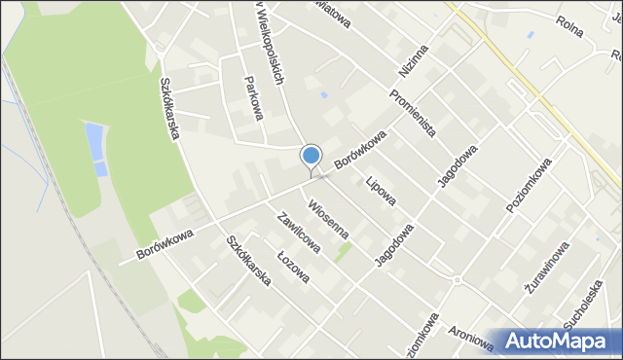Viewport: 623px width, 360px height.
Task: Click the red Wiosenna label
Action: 329,220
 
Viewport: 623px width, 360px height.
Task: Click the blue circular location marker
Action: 311,155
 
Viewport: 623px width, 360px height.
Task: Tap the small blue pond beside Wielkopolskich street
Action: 322,96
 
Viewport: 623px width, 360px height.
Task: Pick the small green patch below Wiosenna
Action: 343,252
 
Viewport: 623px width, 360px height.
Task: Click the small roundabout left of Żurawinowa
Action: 457,280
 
